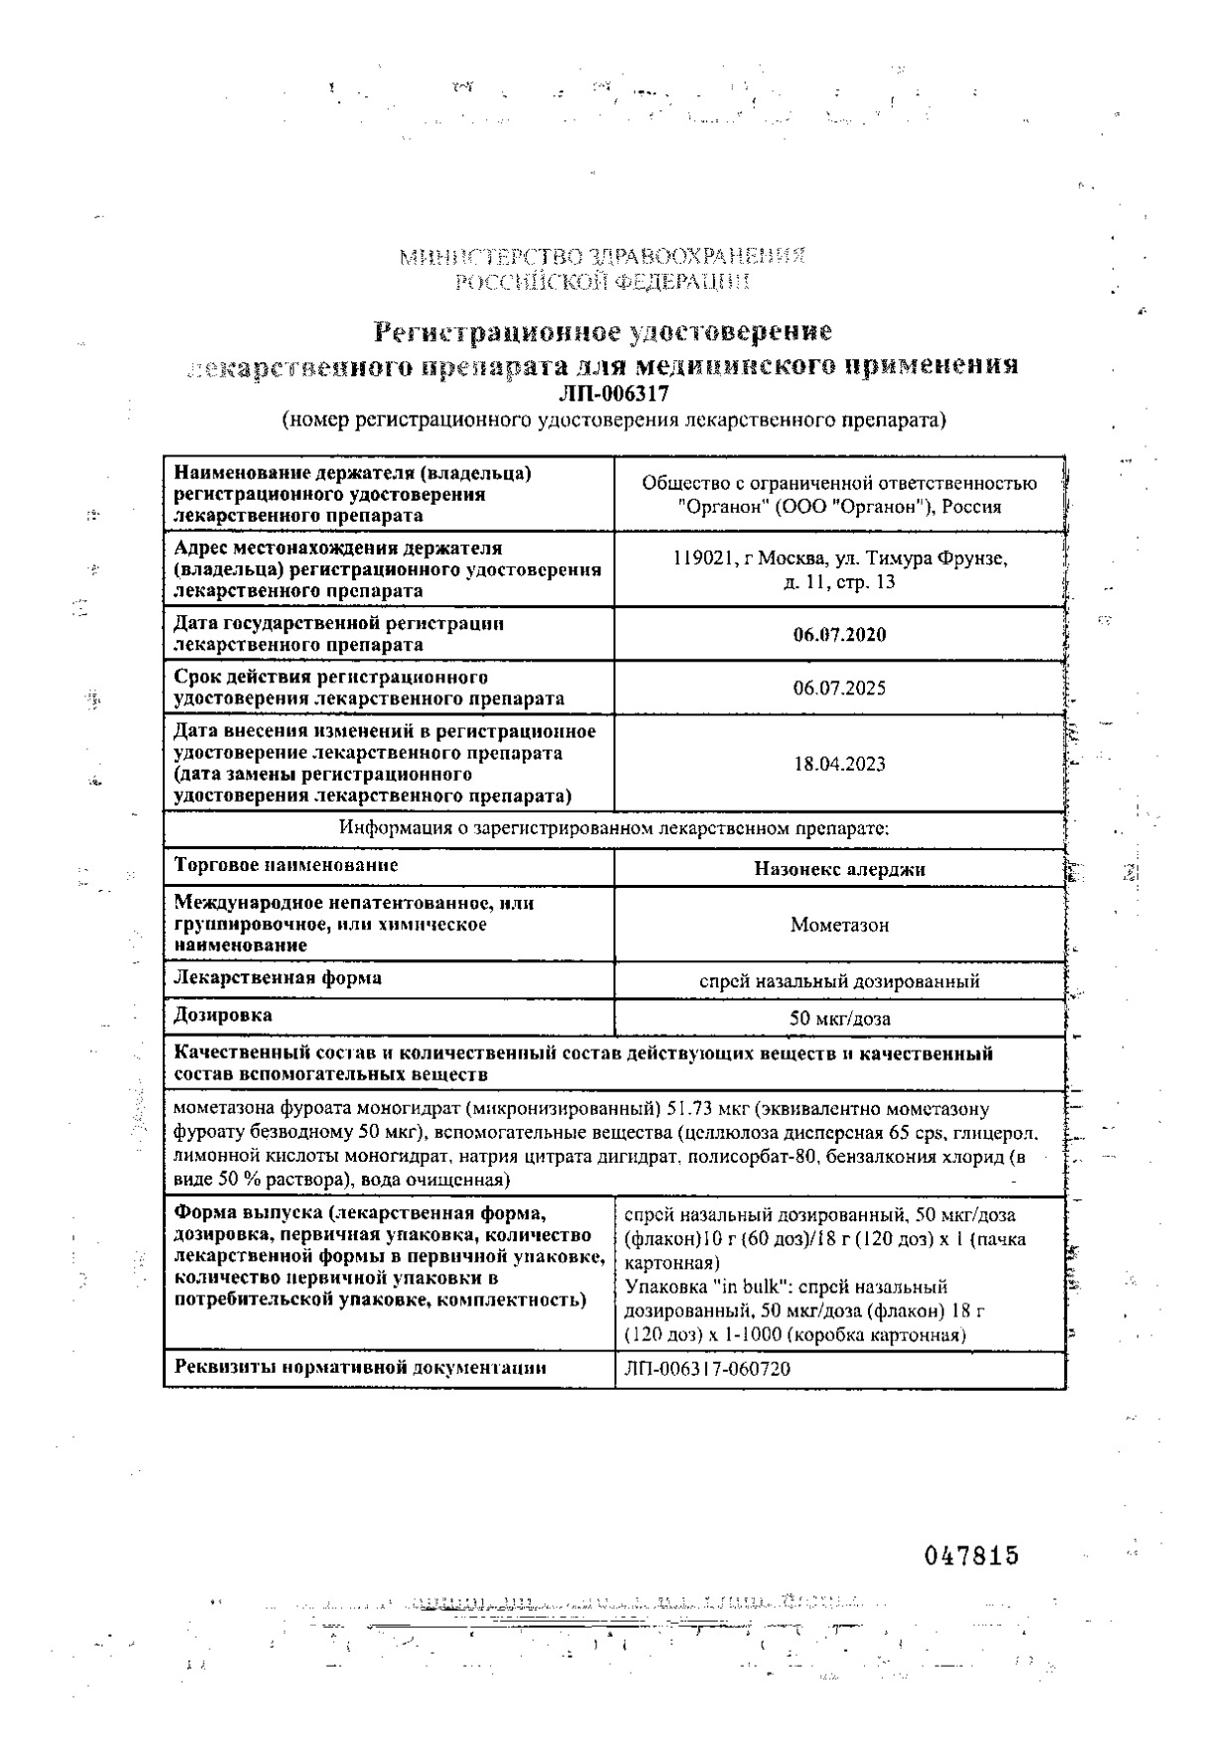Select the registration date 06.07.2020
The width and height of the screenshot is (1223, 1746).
(x=839, y=635)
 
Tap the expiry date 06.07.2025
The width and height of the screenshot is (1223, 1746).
(x=839, y=688)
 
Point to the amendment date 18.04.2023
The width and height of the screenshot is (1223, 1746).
(x=839, y=764)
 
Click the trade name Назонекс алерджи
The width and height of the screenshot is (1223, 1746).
(x=839, y=869)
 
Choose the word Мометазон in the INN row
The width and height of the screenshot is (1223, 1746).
(x=839, y=926)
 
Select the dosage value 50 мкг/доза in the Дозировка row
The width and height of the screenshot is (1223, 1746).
(x=839, y=1019)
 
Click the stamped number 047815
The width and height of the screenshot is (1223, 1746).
(x=971, y=1556)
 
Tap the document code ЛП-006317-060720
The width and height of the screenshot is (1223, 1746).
(x=708, y=1369)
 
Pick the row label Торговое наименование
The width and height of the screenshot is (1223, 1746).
(x=286, y=865)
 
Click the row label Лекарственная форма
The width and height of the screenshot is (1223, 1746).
(x=278, y=978)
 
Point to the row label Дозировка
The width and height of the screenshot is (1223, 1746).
(x=222, y=1015)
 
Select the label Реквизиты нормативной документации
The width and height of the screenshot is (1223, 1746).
(x=360, y=1367)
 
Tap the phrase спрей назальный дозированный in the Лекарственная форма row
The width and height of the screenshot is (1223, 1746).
(x=839, y=982)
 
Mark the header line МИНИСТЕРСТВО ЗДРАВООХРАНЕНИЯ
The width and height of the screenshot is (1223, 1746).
(x=602, y=257)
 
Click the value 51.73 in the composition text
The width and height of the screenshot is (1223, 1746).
(x=688, y=1109)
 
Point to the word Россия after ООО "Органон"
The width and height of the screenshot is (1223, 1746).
(x=971, y=507)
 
